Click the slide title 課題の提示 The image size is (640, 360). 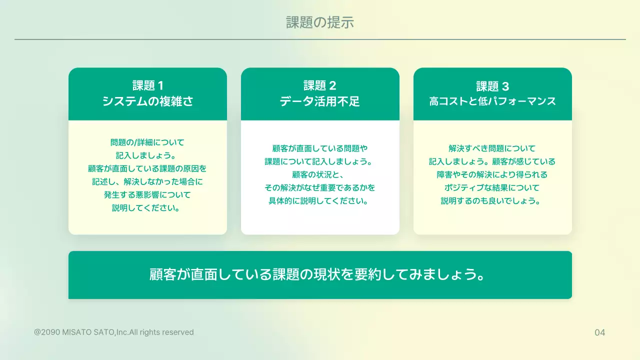320,22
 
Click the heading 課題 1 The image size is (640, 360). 147,85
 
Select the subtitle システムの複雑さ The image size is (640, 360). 147,101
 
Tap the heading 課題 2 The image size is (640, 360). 320,85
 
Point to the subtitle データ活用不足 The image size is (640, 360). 320,101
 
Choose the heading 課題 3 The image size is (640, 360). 492,85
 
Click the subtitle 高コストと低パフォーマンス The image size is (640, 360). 492,101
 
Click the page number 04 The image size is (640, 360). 599,332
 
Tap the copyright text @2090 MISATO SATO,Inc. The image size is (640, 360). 114,332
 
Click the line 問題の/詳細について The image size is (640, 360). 147,142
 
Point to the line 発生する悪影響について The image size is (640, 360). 147,194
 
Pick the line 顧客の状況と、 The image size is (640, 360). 320,174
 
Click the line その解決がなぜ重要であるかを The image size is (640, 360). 320,188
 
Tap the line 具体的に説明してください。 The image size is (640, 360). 320,201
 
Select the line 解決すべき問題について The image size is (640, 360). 492,148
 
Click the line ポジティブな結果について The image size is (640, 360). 492,188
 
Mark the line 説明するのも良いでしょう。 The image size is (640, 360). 492,201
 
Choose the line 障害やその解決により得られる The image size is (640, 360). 492,174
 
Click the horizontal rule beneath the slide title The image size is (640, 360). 320,39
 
